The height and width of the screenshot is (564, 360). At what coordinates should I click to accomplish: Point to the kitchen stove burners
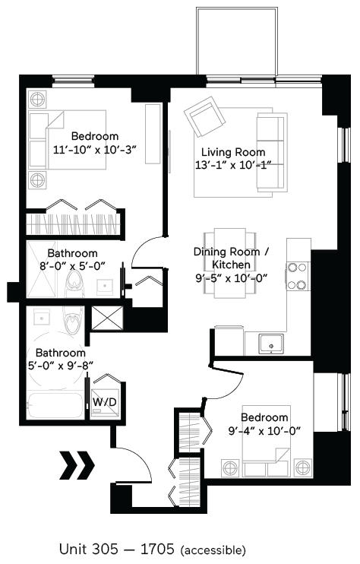pos(297,276)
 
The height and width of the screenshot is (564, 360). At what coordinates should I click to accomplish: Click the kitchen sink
pos(270,344)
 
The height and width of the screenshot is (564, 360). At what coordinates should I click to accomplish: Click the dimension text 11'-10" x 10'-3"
pos(95,150)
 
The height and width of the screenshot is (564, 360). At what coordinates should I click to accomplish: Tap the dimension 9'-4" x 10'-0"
pos(264,431)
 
